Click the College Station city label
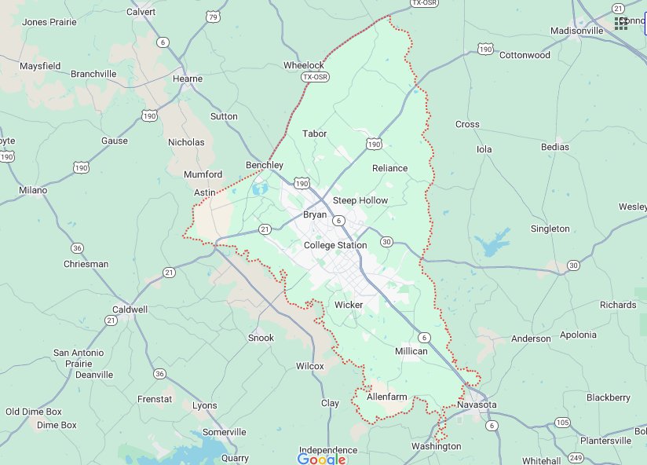pos(335,245)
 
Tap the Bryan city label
pos(315,214)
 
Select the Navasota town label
pos(477,404)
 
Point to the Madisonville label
pos(576,31)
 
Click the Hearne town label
pos(188,79)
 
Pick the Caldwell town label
pos(130,309)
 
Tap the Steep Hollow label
pos(360,200)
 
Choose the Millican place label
pos(411,351)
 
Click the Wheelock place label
pos(303,65)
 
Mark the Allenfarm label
pos(387,397)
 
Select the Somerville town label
pos(225,432)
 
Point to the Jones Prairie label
pos(49,22)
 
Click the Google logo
pos(322,459)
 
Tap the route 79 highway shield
pos(213,16)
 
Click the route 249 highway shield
pos(576,458)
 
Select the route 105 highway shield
pos(561,423)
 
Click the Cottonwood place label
pos(525,55)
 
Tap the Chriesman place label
pos(86,264)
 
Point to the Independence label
pos(328,450)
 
